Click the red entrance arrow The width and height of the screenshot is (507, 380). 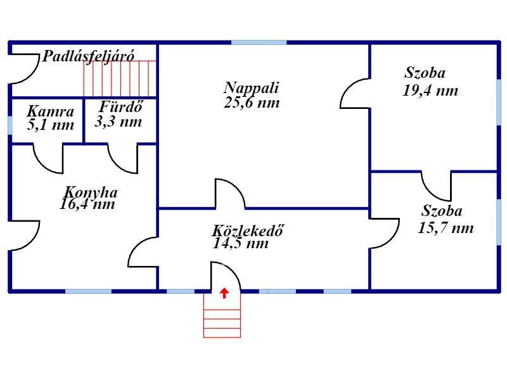click(x=224, y=293)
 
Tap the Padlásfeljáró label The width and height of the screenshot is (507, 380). click(x=88, y=56)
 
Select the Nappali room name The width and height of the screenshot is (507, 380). click(x=251, y=88)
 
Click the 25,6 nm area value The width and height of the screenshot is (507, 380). click(x=252, y=103)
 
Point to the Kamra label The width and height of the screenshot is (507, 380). click(x=51, y=111)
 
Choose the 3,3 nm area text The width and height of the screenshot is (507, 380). click(x=119, y=122)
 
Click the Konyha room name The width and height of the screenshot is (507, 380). click(x=91, y=193)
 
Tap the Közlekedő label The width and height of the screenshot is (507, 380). click(x=248, y=231)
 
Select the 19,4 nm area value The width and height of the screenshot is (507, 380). click(x=430, y=91)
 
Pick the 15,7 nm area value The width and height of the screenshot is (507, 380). click(x=446, y=228)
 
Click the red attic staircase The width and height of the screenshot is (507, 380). click(x=120, y=79)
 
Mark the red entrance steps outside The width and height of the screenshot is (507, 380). click(x=222, y=315)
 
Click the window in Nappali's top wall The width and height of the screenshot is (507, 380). click(x=259, y=42)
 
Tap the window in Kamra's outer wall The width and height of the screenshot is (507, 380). click(x=10, y=125)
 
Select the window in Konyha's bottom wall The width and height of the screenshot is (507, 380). click(x=88, y=291)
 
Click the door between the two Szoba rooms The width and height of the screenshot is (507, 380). click(x=436, y=186)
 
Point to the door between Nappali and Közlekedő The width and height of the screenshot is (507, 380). click(x=230, y=194)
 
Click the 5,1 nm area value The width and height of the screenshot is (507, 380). click(x=51, y=125)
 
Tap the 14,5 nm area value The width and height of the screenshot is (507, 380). click(x=241, y=243)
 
